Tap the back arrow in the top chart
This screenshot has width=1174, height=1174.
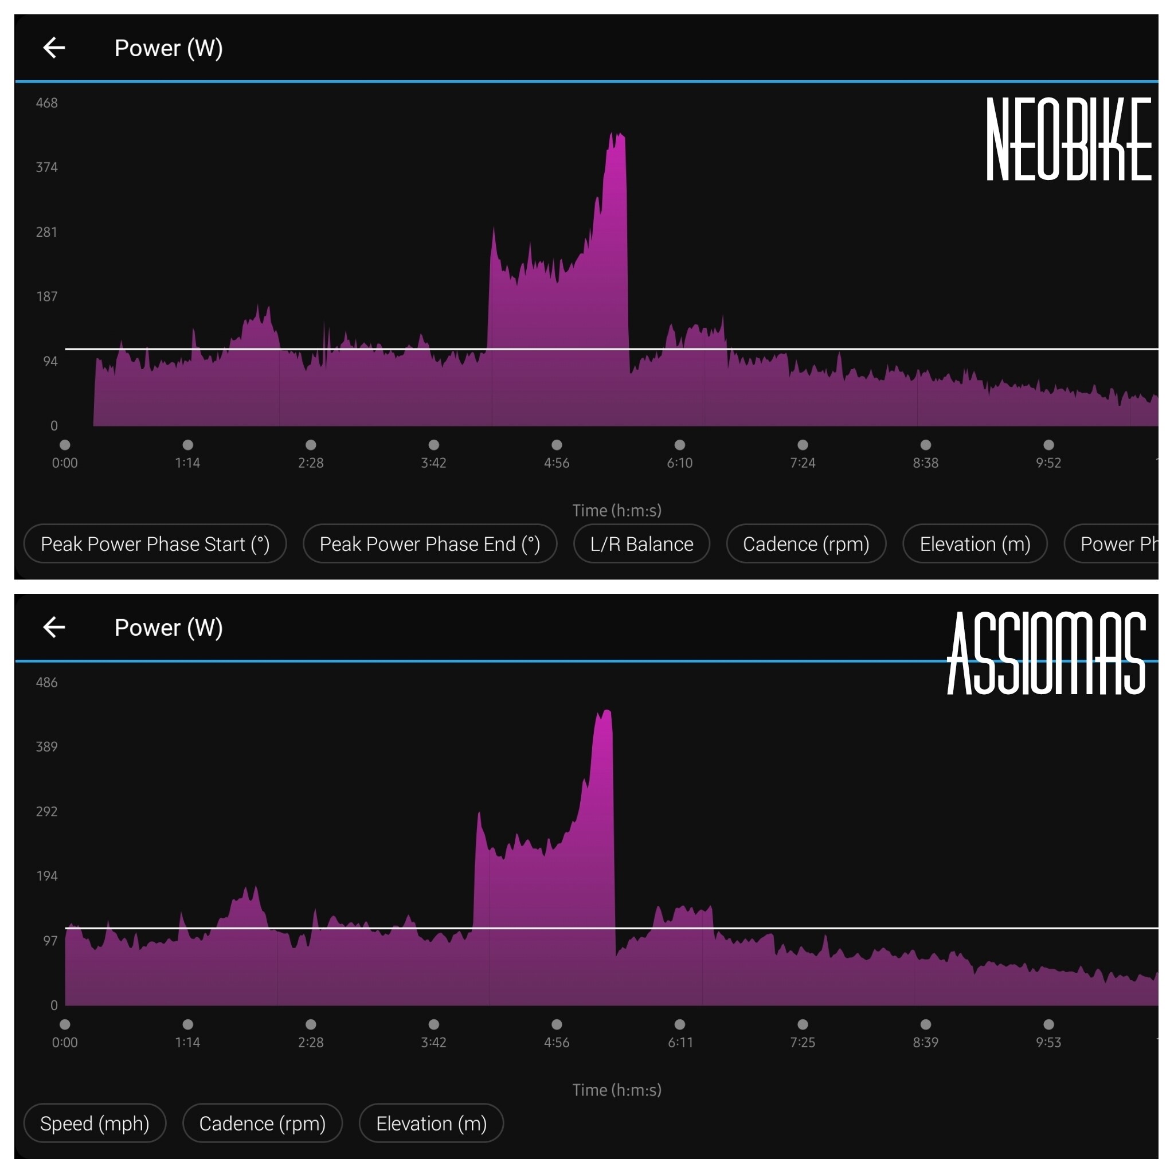[x=54, y=48]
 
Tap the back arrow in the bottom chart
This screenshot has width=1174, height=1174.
[x=54, y=627]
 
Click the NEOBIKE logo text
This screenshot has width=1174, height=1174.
[x=1069, y=139]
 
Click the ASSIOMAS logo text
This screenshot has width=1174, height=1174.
[x=1046, y=653]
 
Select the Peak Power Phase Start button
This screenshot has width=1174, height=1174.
[x=155, y=544]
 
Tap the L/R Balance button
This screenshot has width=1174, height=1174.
[x=641, y=544]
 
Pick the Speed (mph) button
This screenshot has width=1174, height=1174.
[x=95, y=1124]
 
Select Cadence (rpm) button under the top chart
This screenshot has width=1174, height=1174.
[x=806, y=544]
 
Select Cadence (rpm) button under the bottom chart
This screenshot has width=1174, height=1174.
[x=263, y=1124]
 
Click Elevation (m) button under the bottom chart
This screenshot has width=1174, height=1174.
[x=432, y=1124]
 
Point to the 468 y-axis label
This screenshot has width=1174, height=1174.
[x=47, y=103]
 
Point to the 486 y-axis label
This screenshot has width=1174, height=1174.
[x=47, y=682]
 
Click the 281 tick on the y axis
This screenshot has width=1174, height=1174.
[x=47, y=232]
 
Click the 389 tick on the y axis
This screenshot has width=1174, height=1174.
[x=47, y=747]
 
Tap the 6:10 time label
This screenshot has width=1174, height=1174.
[x=679, y=463]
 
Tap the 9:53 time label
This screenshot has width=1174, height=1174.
[x=1048, y=1043]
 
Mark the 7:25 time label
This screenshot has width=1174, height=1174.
[x=802, y=1043]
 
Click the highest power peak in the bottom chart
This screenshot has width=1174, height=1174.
[x=606, y=711]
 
